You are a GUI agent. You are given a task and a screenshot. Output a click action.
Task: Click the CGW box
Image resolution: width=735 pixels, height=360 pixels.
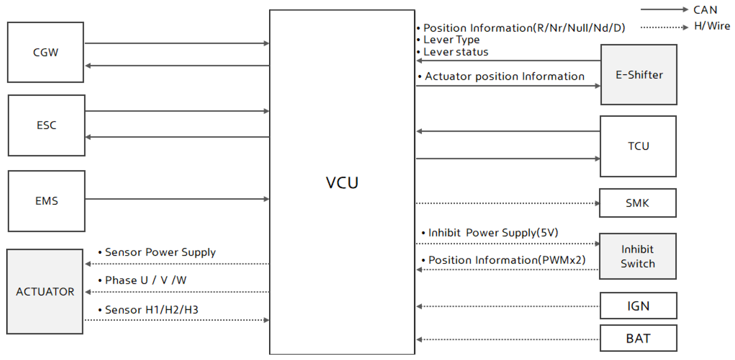click(x=46, y=52)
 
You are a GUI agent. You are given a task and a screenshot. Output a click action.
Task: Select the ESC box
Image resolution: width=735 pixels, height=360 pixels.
click(x=47, y=125)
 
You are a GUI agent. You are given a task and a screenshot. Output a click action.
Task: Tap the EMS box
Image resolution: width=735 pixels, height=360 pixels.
click(x=47, y=201)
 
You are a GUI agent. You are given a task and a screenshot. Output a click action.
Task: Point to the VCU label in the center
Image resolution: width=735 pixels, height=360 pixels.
click(x=342, y=183)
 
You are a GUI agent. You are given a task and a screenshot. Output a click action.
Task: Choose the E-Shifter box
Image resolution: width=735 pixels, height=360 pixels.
click(x=639, y=75)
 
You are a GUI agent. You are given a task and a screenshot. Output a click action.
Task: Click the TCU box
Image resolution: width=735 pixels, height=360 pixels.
click(x=638, y=146)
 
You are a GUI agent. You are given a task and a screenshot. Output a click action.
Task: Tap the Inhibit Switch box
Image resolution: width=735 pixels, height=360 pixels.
click(x=638, y=256)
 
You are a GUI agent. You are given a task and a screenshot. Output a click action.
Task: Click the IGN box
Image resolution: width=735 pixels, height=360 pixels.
click(x=638, y=306)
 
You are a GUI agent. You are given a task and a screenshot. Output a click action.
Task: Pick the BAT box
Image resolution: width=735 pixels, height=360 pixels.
click(x=638, y=338)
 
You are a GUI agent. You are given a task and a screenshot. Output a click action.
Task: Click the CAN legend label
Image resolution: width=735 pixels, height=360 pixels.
click(x=705, y=10)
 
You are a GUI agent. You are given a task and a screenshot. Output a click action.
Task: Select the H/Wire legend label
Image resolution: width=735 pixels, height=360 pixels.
click(x=712, y=26)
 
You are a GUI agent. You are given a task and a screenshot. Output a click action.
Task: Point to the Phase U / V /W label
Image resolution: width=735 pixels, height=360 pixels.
click(x=145, y=280)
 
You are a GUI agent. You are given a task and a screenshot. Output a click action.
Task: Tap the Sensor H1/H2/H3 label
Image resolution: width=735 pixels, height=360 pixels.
click(x=151, y=310)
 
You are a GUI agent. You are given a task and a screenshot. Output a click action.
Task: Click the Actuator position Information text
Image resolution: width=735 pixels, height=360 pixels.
click(x=504, y=77)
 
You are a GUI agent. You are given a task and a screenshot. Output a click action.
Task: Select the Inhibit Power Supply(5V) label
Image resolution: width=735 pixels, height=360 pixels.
click(x=493, y=233)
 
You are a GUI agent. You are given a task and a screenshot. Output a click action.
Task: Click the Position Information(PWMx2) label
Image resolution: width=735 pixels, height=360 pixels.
click(x=507, y=260)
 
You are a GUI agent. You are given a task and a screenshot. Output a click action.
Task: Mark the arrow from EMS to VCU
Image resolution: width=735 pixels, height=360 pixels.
click(x=177, y=199)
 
